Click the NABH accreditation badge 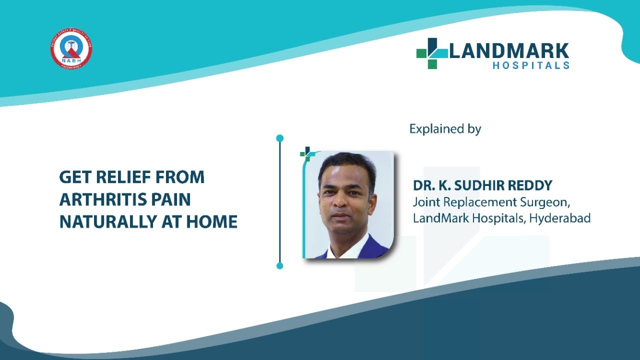click(x=71, y=49)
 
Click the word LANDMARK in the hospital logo click(x=509, y=51)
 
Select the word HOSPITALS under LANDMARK click(x=531, y=65)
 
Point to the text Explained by click(x=445, y=129)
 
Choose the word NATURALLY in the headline click(x=107, y=221)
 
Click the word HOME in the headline click(x=211, y=221)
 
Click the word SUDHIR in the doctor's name click(x=480, y=185)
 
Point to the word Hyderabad click(x=562, y=218)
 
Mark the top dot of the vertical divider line click(x=280, y=138)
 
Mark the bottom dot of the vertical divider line click(x=280, y=265)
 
